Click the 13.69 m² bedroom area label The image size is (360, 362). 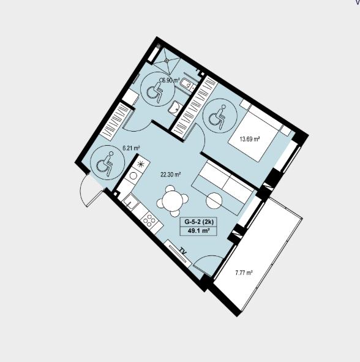(x=250, y=139)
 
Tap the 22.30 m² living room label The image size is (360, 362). (x=171, y=175)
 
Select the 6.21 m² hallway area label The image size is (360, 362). (x=131, y=148)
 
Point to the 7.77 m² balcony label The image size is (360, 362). (x=244, y=273)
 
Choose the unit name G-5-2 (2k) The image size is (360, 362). (x=199, y=222)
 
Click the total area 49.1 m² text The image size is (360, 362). (x=199, y=231)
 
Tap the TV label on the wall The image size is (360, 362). (x=184, y=251)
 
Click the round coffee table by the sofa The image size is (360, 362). (x=214, y=201)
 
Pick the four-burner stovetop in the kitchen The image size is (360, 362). (x=149, y=221)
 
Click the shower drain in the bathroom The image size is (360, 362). (x=166, y=61)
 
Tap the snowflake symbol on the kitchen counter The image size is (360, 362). (x=140, y=164)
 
